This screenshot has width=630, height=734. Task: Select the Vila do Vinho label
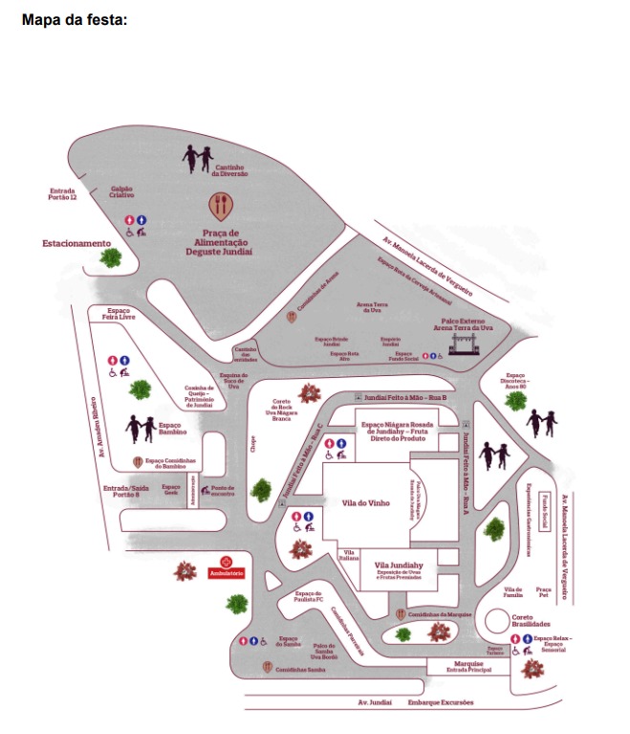(x=369, y=501)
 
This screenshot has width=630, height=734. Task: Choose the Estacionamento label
(x=76, y=243)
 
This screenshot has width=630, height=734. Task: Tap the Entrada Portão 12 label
(x=62, y=194)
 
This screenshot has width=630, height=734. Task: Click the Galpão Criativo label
(x=121, y=191)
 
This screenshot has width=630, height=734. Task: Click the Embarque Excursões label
(x=441, y=703)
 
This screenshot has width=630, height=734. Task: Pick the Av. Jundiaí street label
(x=376, y=703)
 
